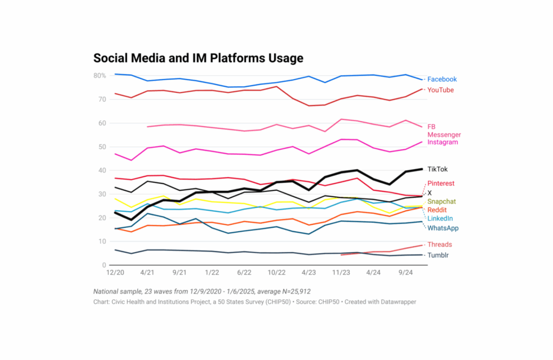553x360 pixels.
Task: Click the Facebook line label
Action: (442, 80)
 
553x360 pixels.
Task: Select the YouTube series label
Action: (441, 90)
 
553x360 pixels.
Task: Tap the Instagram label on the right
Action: (442, 143)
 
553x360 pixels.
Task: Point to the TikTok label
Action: (438, 169)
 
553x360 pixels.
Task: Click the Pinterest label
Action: (441, 184)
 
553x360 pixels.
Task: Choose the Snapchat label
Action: (441, 202)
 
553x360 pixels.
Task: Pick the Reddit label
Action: (437, 210)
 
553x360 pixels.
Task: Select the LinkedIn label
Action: (440, 219)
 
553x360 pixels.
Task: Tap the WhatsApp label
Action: (443, 228)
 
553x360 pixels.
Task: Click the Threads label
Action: (440, 245)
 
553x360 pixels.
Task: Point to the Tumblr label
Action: (439, 255)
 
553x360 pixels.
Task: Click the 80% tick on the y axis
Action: (100, 75)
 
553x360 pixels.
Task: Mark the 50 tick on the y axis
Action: (102, 147)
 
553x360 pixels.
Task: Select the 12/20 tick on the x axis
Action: (114, 273)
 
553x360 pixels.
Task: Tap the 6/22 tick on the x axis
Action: (244, 273)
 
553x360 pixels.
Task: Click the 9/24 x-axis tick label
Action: (406, 273)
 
